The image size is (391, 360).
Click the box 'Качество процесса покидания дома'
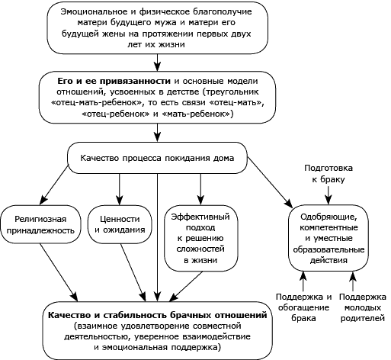tap(157, 158)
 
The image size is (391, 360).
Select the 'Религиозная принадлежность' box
tap(40, 224)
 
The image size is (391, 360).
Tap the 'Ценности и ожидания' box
tap(120, 224)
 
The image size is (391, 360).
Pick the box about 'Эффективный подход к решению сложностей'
tap(200, 238)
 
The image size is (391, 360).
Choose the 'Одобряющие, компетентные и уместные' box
tap(329, 238)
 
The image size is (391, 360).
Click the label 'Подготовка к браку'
tap(329, 174)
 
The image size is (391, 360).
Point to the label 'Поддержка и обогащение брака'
tap(303, 307)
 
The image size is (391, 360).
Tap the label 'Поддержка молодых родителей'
tap(363, 307)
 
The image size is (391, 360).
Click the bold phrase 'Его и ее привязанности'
tap(114, 81)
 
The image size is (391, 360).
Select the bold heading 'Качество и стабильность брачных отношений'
tap(158, 315)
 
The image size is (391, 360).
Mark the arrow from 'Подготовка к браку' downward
tap(329, 195)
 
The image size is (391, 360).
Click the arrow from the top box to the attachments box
tap(158, 63)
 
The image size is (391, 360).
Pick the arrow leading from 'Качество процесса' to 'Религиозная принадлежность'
tap(54, 185)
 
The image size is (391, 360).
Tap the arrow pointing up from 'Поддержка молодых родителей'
tap(353, 281)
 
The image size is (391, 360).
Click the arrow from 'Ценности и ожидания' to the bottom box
tap(133, 272)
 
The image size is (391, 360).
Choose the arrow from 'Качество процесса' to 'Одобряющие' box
tap(270, 182)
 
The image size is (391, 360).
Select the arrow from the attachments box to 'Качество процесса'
tap(158, 133)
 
